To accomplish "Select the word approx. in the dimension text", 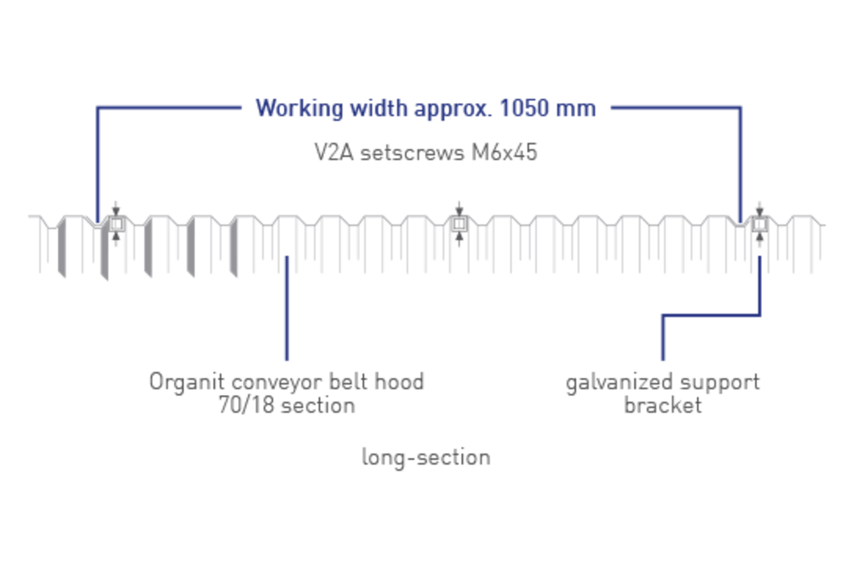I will click(x=453, y=109).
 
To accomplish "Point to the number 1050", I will click(x=524, y=108).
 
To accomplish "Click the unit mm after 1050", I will click(x=576, y=109).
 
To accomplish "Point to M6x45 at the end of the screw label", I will click(x=506, y=152).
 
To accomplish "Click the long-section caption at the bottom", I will click(x=426, y=457).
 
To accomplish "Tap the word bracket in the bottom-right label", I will click(x=662, y=405).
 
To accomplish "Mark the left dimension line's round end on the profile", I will click(x=98, y=218).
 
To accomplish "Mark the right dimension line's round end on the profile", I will click(x=741, y=218).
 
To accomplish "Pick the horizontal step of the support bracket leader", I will click(x=711, y=314).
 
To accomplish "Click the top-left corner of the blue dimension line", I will click(x=98, y=108).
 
